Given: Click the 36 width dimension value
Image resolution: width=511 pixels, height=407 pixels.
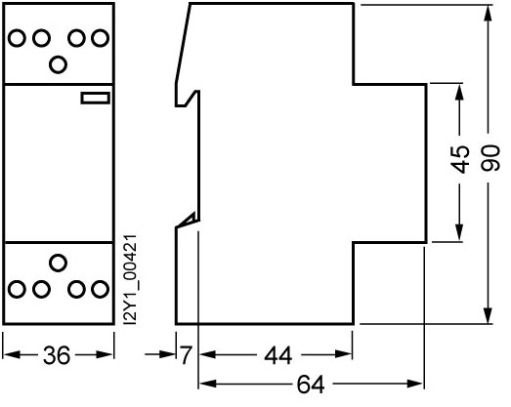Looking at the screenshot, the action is pyautogui.click(x=57, y=355).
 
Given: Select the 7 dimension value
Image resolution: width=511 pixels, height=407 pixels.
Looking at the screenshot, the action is pyautogui.click(x=186, y=355).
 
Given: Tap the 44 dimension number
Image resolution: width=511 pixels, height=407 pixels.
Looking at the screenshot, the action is pyautogui.click(x=278, y=355).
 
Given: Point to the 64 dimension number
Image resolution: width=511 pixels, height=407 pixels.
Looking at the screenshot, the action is pyautogui.click(x=311, y=385).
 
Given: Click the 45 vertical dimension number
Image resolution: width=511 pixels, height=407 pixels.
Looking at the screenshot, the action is pyautogui.click(x=460, y=159).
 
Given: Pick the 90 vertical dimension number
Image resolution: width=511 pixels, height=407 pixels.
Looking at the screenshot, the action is pyautogui.click(x=490, y=158).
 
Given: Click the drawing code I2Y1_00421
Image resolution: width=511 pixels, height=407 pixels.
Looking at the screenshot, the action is pyautogui.click(x=130, y=280).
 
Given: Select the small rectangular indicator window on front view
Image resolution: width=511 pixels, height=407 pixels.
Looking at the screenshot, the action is pyautogui.click(x=96, y=98).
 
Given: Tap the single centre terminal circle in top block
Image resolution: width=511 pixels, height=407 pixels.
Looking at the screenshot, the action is pyautogui.click(x=58, y=64).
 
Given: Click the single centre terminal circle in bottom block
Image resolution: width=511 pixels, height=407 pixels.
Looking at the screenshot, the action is pyautogui.click(x=58, y=263).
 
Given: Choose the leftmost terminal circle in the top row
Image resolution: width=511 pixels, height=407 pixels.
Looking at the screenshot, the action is pyautogui.click(x=17, y=38).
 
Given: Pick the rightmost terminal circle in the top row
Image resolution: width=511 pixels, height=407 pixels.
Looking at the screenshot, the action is pyautogui.click(x=100, y=38).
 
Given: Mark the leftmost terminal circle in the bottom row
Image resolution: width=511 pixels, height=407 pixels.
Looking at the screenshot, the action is pyautogui.click(x=17, y=289).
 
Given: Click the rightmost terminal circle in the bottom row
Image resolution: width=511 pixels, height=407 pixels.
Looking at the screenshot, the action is pyautogui.click(x=100, y=289).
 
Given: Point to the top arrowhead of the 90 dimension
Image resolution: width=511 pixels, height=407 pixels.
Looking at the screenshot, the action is pyautogui.click(x=488, y=13).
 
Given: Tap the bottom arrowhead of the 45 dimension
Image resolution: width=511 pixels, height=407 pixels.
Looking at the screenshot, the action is pyautogui.click(x=459, y=233).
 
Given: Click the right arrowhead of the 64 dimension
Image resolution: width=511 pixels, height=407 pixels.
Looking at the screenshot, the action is pyautogui.click(x=415, y=384).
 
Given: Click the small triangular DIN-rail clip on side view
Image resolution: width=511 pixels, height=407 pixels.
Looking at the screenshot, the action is pyautogui.click(x=188, y=220).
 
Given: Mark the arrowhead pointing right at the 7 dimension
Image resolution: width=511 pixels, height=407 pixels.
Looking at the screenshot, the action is pyautogui.click(x=167, y=354).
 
